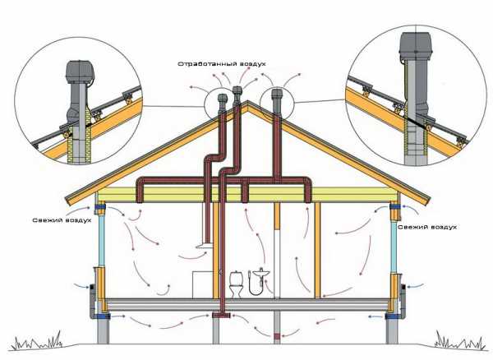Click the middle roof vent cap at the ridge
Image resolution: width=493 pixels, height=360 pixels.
pos(237,91)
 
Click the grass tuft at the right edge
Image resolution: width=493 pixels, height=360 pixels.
pos(457,339)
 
